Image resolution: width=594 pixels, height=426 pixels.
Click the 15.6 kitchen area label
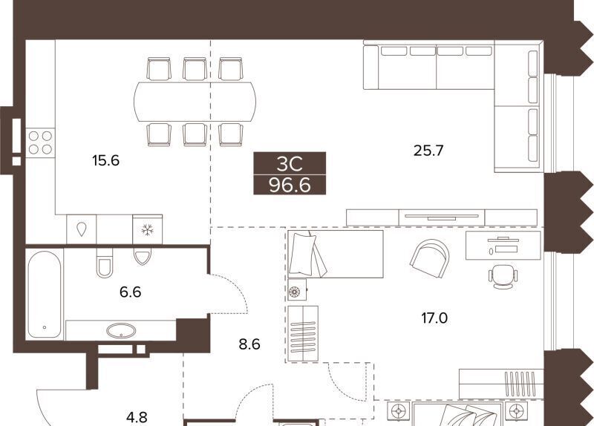[105, 160]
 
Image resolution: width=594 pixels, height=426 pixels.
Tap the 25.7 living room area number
[428, 151]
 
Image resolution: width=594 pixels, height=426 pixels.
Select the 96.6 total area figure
[290, 186]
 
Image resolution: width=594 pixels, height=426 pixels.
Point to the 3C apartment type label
[290, 164]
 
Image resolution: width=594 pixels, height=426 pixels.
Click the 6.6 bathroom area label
[131, 292]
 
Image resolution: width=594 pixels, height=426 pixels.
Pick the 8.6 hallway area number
[249, 344]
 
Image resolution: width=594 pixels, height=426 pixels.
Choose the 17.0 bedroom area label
[434, 318]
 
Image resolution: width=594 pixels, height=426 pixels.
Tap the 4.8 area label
[137, 417]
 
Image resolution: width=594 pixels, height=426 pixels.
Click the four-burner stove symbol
[40, 142]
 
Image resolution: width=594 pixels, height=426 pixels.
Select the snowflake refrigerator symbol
[147, 229]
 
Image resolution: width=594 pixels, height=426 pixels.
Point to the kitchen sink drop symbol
[82, 229]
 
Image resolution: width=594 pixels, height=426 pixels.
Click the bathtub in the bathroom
[45, 295]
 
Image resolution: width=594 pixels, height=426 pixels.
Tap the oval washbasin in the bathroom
[121, 331]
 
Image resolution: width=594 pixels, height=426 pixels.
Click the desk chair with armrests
[503, 276]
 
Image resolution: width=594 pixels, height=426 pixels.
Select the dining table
[195, 102]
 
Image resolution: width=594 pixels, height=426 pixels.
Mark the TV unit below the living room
[442, 217]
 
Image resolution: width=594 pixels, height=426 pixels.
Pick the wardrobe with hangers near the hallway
[303, 333]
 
